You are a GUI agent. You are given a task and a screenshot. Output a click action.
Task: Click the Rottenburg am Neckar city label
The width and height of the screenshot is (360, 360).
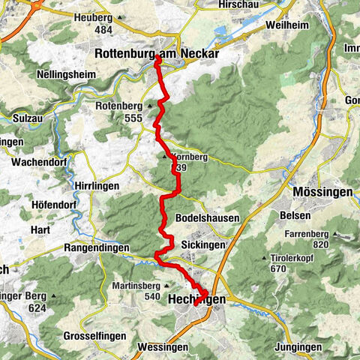[x=156, y=53]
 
